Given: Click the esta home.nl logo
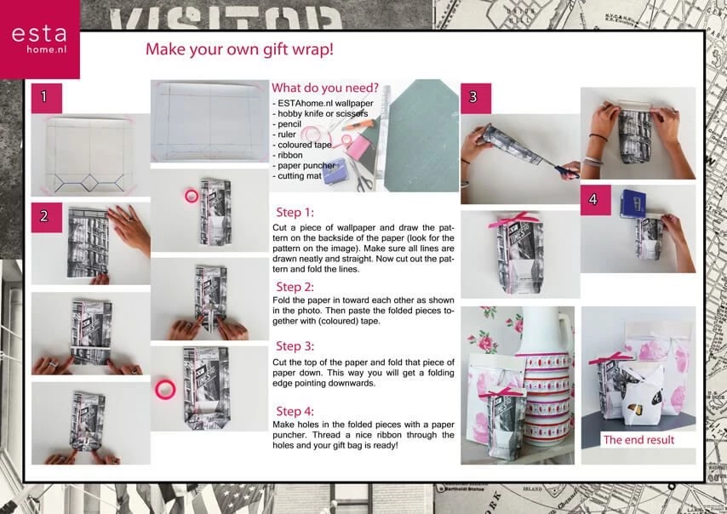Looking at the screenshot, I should coord(39,40).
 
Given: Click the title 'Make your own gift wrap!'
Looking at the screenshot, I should coord(239,49).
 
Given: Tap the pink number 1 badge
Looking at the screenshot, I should coord(46,97).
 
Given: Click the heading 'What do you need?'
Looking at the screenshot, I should coord(325,89).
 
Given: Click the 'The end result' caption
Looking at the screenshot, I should coord(638,440).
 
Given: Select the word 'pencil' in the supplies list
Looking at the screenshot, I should coord(290,123).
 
